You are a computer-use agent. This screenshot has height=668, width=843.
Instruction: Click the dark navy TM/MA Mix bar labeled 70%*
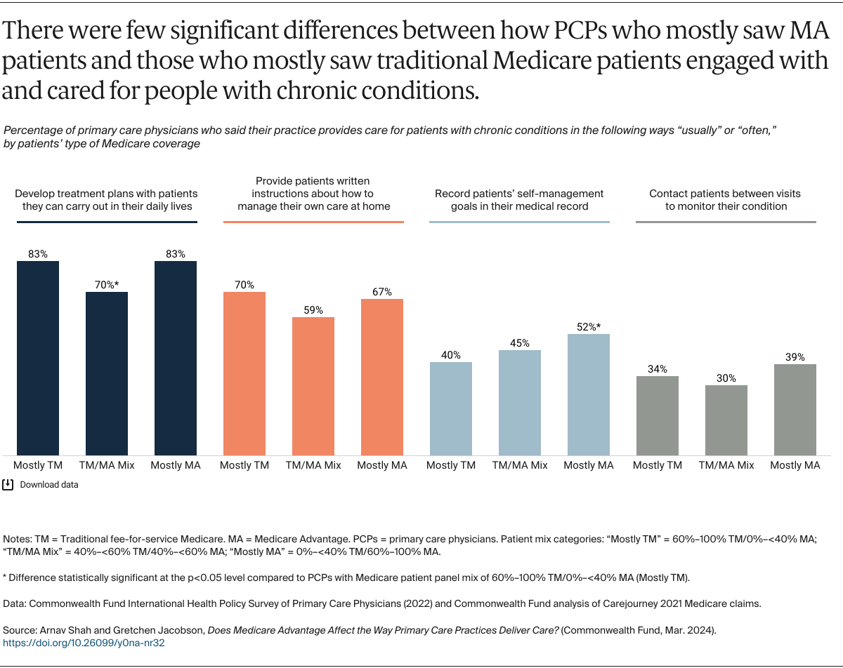pos(107,373)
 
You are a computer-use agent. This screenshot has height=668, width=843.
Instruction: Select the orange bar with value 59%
pos(313,386)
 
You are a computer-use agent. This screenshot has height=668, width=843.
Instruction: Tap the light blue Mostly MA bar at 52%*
pos(589,394)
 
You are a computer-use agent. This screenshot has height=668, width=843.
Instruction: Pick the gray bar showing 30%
pos(726,420)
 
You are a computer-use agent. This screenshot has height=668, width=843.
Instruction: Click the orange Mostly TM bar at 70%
pos(244,373)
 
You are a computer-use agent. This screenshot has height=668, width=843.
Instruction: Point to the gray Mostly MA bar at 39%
pos(795,409)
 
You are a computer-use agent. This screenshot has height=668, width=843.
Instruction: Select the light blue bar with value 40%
pos(451,408)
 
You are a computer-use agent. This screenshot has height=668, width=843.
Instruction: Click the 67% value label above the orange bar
pos(382,292)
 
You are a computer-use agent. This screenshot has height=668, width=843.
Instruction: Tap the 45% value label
pos(520,343)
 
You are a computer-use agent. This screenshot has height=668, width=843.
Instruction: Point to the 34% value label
pos(658,369)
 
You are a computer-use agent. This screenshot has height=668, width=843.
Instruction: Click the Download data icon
pos(8,484)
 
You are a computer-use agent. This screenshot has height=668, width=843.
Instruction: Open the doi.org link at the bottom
pos(84,643)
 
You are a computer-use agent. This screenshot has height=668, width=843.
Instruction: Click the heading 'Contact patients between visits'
pos(725,194)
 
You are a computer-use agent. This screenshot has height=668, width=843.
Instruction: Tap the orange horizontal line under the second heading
pos(313,222)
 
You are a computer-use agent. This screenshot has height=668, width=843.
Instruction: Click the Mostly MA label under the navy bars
pos(176,465)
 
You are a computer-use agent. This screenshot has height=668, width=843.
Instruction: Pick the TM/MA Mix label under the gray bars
pos(726,465)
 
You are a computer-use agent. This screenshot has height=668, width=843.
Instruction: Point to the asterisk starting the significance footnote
pos(6,577)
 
